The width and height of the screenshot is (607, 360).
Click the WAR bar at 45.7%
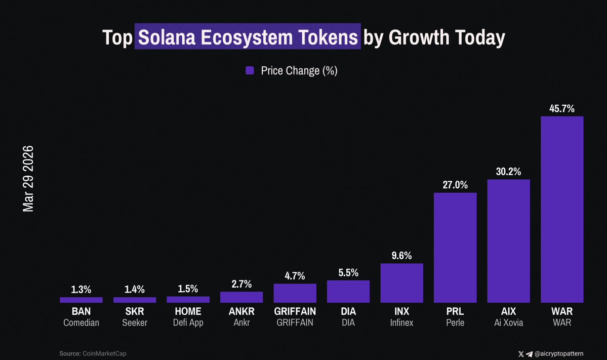coord(562,210)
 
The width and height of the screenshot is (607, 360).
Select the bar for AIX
coord(508,241)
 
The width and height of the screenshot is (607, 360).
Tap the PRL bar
coord(455,248)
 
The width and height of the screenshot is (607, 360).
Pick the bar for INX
coord(401,283)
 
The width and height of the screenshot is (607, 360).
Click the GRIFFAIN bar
coord(295,293)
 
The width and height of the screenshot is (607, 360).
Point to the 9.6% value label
coord(401,255)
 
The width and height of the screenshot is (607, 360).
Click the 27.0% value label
coord(455,185)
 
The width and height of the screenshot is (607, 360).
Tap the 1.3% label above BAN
coord(81,290)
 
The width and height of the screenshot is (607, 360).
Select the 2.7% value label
coord(241,284)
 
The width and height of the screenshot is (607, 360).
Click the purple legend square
coord(250,71)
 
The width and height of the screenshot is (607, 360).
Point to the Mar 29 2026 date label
coord(28,179)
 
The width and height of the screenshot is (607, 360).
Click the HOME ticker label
coord(188,311)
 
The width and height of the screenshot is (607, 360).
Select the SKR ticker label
coord(135,311)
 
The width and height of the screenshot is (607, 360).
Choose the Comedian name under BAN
coord(81,323)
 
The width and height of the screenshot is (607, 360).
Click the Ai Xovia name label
coord(508,323)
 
